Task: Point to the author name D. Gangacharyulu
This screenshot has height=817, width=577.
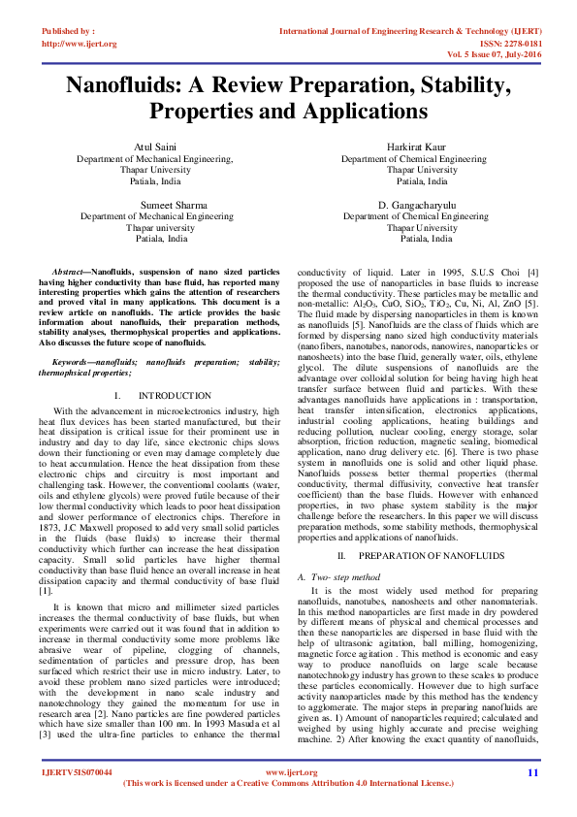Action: pos(424,206)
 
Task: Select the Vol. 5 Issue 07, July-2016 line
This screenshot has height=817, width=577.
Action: pos(494,56)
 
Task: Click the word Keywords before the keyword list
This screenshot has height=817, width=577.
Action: pos(74,361)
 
